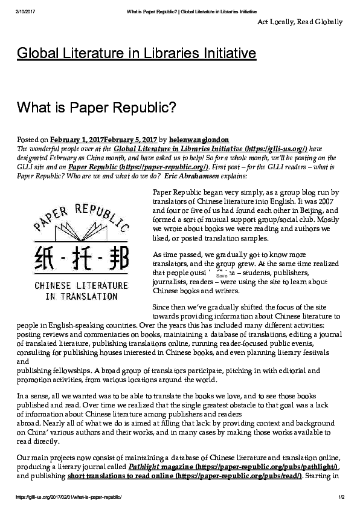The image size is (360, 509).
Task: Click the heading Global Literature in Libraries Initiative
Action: [137, 54]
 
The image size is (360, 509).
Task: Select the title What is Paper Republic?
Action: [97, 108]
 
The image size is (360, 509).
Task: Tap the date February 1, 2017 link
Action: [78, 140]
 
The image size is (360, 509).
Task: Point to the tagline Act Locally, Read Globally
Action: [300, 22]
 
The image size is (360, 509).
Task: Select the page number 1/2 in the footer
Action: [341, 497]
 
